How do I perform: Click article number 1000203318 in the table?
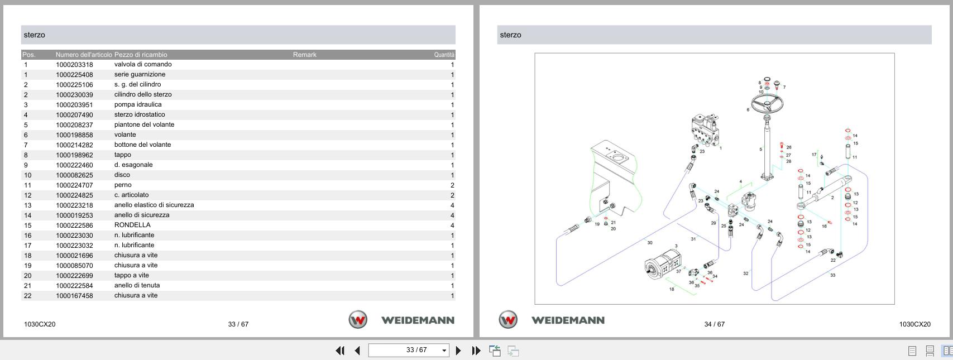tap(74, 65)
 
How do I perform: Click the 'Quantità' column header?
tap(444, 55)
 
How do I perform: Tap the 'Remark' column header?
tap(304, 55)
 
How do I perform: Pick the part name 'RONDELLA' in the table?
tap(132, 225)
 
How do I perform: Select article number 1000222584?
tap(74, 286)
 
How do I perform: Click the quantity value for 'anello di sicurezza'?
tap(452, 215)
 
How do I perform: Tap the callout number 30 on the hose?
tap(649, 243)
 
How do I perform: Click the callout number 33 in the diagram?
tap(832, 275)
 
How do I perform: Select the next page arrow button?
tap(458, 351)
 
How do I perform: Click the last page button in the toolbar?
tap(476, 351)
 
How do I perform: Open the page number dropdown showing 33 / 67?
tap(444, 351)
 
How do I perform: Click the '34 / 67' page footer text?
tap(714, 324)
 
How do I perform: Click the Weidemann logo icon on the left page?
tap(358, 320)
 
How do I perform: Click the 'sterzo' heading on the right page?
tap(510, 35)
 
